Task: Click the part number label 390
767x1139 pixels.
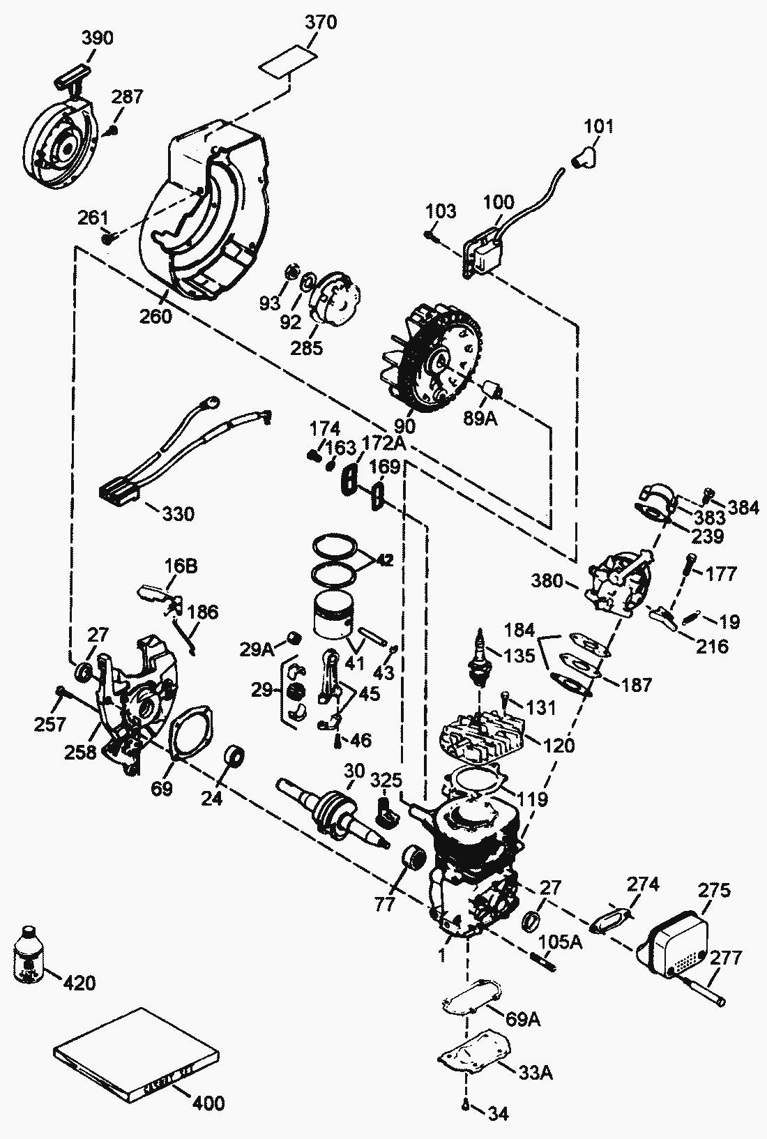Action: [98, 38]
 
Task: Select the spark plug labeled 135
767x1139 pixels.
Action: [480, 656]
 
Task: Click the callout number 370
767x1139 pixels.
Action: [321, 22]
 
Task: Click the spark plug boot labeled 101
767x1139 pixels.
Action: [582, 156]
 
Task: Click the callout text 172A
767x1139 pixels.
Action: [383, 444]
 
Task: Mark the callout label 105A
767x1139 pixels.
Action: [561, 942]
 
